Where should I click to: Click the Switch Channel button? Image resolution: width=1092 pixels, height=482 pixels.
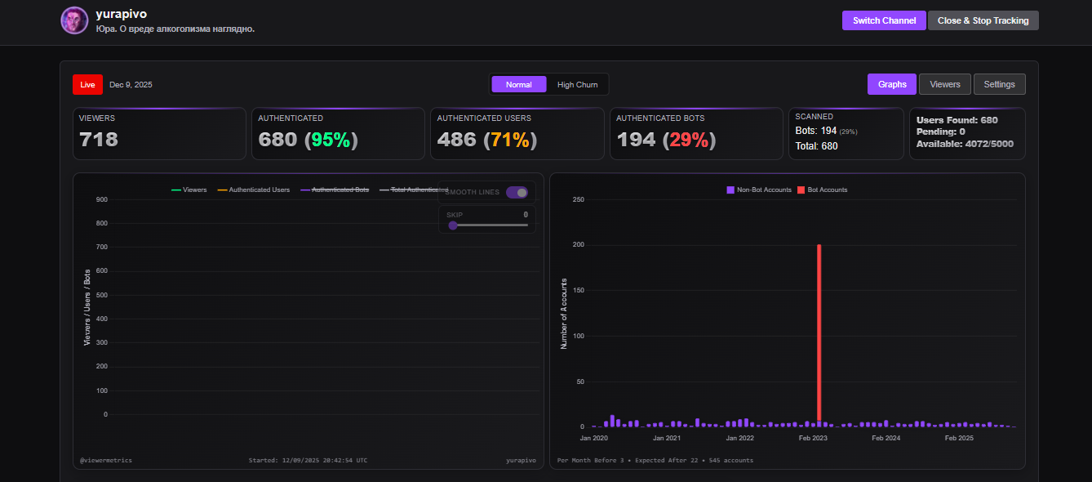(x=884, y=20)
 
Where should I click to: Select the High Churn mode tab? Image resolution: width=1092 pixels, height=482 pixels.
(x=577, y=84)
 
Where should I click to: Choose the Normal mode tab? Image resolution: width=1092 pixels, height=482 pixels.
(x=518, y=84)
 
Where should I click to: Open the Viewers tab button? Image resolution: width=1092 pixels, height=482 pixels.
(x=945, y=84)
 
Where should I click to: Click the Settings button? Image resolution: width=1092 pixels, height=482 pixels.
(x=999, y=84)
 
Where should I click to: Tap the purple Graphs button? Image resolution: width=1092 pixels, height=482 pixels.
(x=892, y=84)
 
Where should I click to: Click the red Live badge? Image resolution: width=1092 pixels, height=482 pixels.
(x=87, y=84)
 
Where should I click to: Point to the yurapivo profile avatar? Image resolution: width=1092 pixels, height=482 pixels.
(x=74, y=20)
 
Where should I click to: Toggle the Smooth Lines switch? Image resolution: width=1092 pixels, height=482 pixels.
(x=517, y=193)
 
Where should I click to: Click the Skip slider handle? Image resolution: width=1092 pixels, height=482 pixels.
(x=453, y=225)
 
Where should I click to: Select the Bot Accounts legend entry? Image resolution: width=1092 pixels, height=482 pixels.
(x=822, y=190)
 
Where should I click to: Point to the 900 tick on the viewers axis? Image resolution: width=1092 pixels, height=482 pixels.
(x=102, y=199)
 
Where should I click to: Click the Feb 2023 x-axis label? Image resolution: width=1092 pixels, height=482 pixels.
(x=813, y=439)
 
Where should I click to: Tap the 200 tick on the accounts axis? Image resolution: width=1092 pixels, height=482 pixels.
(x=579, y=245)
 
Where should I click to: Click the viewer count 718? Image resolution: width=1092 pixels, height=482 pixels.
(x=99, y=140)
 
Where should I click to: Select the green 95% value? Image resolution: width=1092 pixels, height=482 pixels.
(x=331, y=140)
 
